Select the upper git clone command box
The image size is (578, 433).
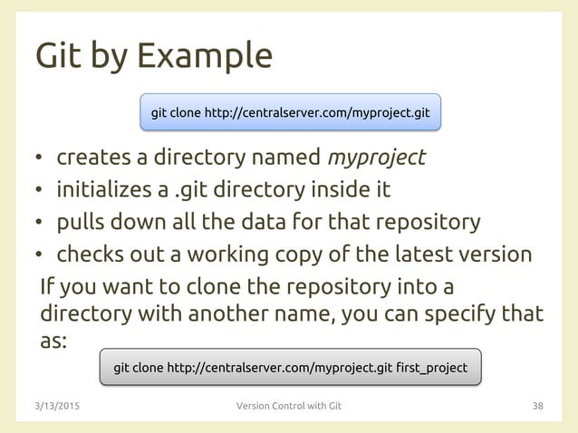[290, 114]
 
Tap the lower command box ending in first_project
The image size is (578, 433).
[290, 368]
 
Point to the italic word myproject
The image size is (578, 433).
[376, 159]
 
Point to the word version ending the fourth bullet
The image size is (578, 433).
[496, 255]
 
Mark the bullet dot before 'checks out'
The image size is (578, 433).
[39, 256]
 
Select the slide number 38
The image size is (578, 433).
[537, 406]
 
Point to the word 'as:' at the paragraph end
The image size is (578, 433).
[53, 343]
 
